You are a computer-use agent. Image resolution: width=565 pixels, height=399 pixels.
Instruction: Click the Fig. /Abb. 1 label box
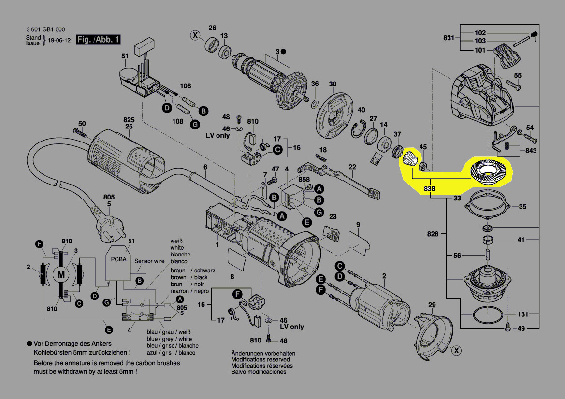pyautogui.click(x=98, y=40)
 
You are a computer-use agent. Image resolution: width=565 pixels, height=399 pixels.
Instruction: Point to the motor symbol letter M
pyautogui.click(x=61, y=274)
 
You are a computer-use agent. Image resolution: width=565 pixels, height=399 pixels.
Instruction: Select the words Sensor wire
pyautogui.click(x=149, y=261)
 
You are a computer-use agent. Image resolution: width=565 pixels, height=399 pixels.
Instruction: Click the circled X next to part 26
pyautogui.click(x=195, y=35)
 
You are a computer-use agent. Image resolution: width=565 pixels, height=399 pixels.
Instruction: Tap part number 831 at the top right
pyautogui.click(x=449, y=38)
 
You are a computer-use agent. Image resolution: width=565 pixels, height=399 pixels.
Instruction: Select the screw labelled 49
pyautogui.click(x=507, y=327)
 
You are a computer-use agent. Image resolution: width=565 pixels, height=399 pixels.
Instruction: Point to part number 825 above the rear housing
pyautogui.click(x=128, y=119)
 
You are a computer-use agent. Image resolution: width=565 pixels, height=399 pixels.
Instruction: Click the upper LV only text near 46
pyautogui.click(x=217, y=136)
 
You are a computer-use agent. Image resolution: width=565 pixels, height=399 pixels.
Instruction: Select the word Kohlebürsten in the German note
pyautogui.click(x=53, y=352)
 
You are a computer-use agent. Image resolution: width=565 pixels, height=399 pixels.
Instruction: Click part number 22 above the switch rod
pyautogui.click(x=352, y=167)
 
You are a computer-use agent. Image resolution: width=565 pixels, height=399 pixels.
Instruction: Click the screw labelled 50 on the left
pyautogui.click(x=80, y=132)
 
